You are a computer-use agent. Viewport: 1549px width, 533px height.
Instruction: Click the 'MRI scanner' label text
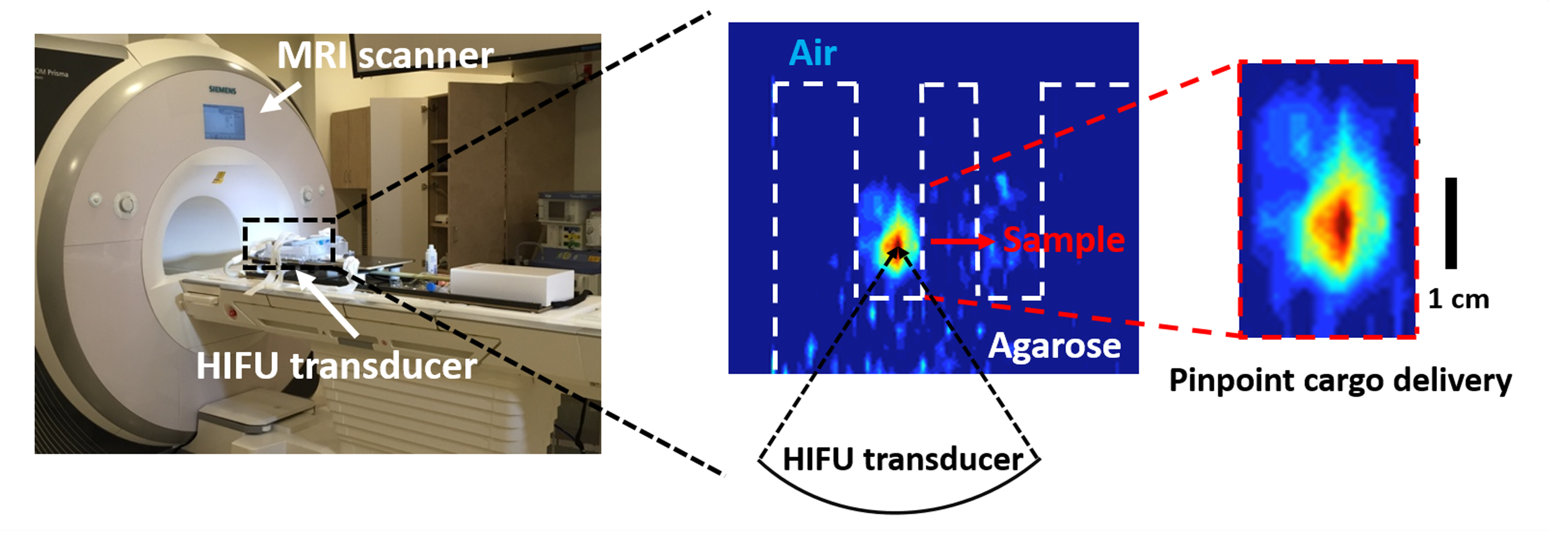385,56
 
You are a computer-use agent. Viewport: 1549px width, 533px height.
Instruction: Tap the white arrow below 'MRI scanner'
281,98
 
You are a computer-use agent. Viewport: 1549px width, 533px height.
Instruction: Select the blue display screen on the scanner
224,122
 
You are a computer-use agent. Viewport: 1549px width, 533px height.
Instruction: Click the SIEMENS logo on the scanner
222,90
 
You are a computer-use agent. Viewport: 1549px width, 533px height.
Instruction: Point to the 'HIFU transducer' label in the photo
336,366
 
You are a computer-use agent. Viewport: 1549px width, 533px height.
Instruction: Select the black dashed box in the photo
289,243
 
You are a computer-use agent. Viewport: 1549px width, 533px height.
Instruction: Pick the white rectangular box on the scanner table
511,284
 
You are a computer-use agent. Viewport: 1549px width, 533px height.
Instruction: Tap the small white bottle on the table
431,259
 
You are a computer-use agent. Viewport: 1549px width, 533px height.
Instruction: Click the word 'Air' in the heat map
812,53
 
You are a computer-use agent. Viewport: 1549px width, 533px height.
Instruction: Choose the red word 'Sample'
1064,240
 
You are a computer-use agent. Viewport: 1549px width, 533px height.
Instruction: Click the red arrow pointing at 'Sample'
962,241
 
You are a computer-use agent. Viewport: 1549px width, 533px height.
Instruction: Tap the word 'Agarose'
1055,346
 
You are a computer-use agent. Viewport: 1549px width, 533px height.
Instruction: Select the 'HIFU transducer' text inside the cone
902,459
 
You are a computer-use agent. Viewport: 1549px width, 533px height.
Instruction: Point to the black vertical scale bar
1451,223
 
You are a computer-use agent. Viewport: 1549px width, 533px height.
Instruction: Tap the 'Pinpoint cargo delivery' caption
1340,380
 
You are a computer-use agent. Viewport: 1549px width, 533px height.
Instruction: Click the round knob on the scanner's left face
127,204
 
